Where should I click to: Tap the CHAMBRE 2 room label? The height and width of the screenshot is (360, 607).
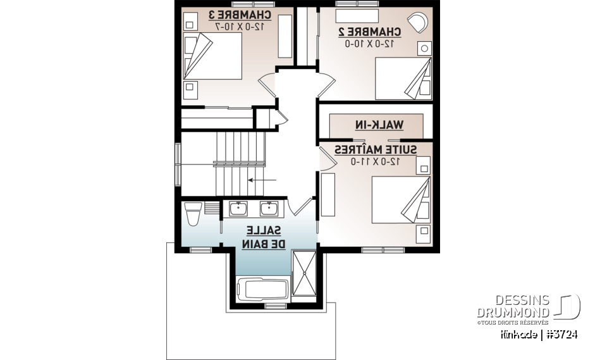370,31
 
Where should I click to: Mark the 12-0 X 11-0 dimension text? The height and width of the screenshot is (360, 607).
376,161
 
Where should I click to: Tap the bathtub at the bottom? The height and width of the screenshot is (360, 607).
262,290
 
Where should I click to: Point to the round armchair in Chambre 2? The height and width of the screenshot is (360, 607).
417,22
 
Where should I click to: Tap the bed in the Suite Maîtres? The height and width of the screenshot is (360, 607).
402,198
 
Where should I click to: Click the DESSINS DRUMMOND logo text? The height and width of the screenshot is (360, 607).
514,307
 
